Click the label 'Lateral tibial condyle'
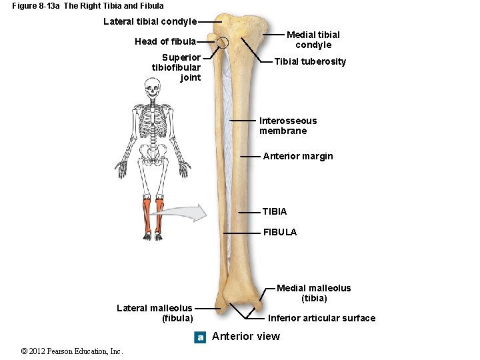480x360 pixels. click(150, 21)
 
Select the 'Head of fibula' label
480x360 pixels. click(165, 41)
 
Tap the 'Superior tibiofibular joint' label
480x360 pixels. click(176, 67)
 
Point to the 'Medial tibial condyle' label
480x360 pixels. click(313, 40)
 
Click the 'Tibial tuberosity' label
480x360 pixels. click(310, 61)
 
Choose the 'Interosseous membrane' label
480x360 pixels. click(287, 125)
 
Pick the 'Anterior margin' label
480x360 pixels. click(297, 156)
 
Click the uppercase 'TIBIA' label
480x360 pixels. click(274, 211)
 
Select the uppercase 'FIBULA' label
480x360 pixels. click(279, 232)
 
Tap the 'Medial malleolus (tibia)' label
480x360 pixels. click(313, 293)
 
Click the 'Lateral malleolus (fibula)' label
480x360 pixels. click(155, 313)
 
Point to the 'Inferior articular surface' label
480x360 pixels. click(321, 318)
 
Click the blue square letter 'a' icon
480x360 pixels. click(200, 337)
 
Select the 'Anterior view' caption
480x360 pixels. click(246, 337)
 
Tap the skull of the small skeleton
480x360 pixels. click(153, 87)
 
